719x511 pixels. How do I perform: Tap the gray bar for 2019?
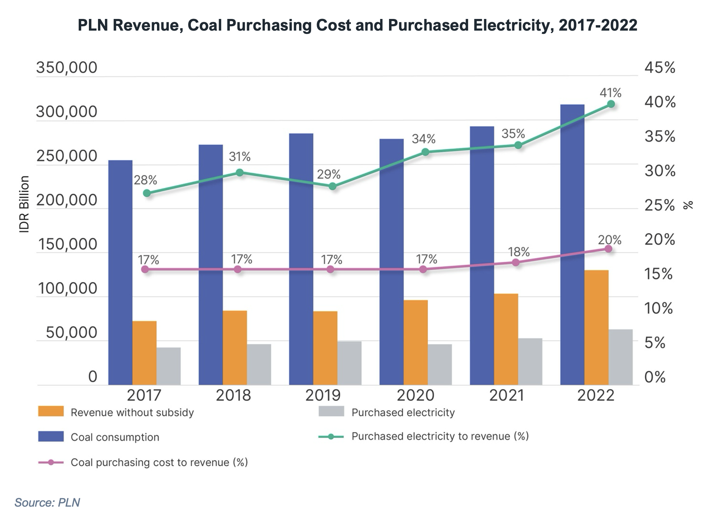tap(349, 363)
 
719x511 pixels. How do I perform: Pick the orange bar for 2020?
tap(416, 342)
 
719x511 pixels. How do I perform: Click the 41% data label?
tap(610, 93)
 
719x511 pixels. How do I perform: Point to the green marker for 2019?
tap(333, 187)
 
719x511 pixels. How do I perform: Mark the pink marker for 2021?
tap(515, 262)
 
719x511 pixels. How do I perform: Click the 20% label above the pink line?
tap(609, 240)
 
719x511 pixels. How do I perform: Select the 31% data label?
tap(239, 157)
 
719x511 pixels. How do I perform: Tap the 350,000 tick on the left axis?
tap(67, 68)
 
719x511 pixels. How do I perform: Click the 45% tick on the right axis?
tap(660, 68)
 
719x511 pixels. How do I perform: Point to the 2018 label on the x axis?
tap(233, 395)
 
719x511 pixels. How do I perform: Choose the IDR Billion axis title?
tap(24, 204)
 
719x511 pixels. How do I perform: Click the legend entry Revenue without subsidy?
tap(132, 413)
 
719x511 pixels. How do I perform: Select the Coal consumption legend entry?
tap(115, 437)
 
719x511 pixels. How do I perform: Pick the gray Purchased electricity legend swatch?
tap(331, 411)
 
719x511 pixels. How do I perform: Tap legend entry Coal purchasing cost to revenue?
tap(159, 462)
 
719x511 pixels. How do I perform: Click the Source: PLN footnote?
tap(47, 503)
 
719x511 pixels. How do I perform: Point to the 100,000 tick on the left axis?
tap(67, 289)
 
